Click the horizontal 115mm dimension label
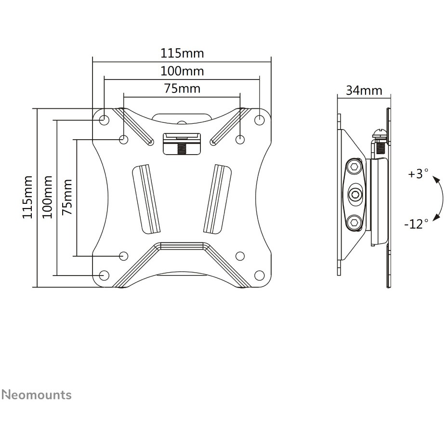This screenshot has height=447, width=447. click(x=182, y=53)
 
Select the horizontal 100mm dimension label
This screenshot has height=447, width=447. click(x=182, y=71)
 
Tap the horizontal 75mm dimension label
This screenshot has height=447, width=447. click(x=182, y=89)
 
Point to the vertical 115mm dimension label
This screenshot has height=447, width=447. click(x=28, y=197)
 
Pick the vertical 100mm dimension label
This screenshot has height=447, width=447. click(x=47, y=197)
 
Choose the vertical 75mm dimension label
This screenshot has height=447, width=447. click(x=67, y=197)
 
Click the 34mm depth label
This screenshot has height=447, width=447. click(x=364, y=90)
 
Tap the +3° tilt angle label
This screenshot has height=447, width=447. click(x=418, y=174)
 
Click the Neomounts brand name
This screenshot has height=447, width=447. click(x=37, y=395)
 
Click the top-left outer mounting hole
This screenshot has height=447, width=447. click(x=104, y=118)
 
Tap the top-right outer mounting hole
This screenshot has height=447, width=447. click(x=259, y=118)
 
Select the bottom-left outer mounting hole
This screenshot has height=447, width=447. click(x=104, y=275)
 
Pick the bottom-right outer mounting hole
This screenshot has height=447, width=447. click(x=259, y=275)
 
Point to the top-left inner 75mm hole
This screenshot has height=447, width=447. click(x=123, y=139)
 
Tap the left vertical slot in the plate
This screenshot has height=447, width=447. click(x=146, y=197)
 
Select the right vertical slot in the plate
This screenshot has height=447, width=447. click(x=216, y=197)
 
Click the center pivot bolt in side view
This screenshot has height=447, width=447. click(x=355, y=195)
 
